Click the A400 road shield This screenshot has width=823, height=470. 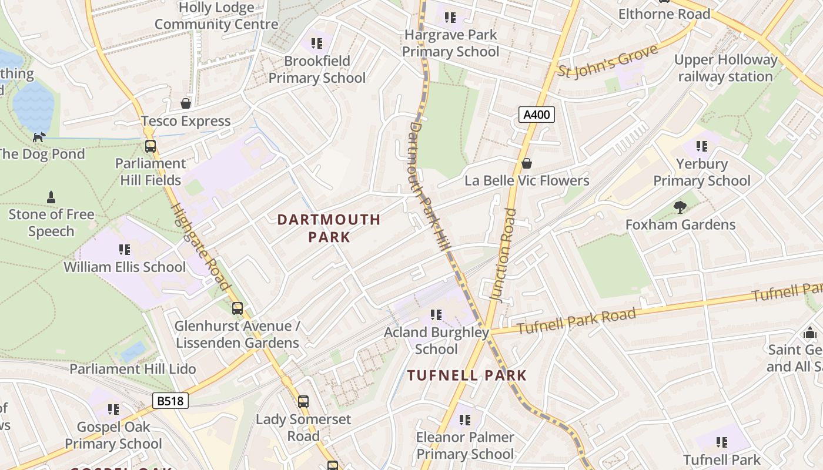(537, 115)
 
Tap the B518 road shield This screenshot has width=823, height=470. (170, 401)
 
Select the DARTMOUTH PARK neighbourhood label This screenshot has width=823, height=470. (329, 228)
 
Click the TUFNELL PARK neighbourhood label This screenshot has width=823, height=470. (467, 375)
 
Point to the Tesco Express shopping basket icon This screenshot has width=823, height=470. (186, 103)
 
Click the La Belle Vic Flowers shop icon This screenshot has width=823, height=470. (527, 163)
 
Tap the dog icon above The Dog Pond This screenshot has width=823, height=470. (39, 137)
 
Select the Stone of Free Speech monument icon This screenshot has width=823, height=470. (51, 197)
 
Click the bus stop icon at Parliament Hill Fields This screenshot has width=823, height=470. (150, 146)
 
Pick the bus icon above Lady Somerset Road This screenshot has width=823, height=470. (303, 402)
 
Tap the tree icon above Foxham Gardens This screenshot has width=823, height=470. (680, 207)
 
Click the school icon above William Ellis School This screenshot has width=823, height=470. (125, 250)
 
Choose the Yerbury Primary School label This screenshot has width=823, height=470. (702, 172)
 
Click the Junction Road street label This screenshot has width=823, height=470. (503, 255)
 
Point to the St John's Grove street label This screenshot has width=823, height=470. (607, 62)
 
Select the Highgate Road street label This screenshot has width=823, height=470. (201, 247)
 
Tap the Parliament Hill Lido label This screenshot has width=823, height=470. (133, 369)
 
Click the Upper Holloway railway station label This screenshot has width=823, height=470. (725, 68)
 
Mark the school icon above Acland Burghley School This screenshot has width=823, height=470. (436, 315)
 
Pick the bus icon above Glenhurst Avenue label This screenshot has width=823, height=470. (237, 308)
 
